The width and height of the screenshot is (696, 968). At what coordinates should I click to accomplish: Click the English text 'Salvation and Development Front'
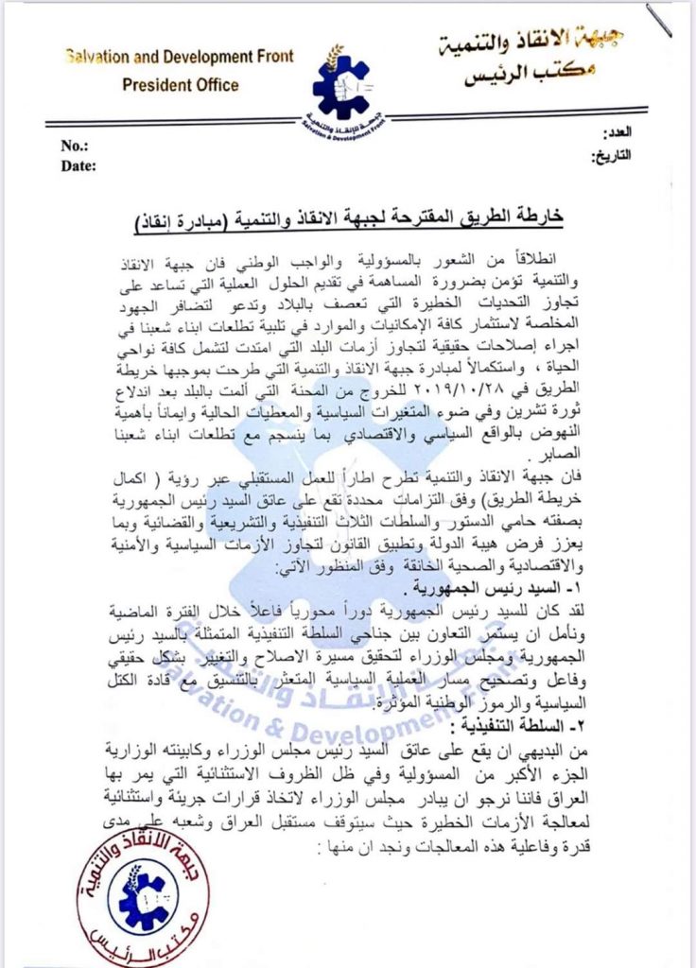pyautogui.click(x=179, y=58)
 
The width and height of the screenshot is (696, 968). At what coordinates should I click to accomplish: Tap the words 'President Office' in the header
pyautogui.click(x=180, y=85)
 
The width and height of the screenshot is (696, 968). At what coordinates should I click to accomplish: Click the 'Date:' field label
pyautogui.click(x=79, y=166)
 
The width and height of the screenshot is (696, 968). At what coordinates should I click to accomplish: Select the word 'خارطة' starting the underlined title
pyautogui.click(x=539, y=218)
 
